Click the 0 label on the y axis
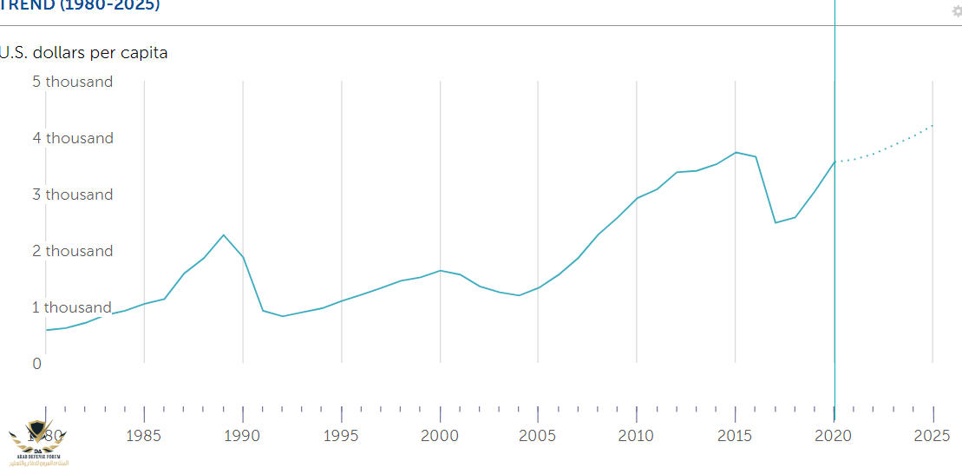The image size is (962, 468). tap(37, 364)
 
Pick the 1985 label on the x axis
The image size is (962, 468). tap(144, 435)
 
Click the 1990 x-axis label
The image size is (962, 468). tap(243, 435)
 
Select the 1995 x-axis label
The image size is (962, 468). tap(342, 435)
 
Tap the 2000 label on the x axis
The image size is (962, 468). tap(441, 435)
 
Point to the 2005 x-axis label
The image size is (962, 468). tap(539, 435)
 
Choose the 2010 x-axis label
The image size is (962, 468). tap(638, 435)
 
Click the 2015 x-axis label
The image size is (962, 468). tap(736, 435)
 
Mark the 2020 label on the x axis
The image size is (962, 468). tap(834, 435)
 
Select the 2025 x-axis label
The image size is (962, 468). tap(933, 435)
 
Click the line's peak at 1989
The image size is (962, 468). tap(224, 234)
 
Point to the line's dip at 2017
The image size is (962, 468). tap(775, 223)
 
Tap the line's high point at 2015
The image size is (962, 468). tap(736, 152)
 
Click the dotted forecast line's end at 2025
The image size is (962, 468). tap(933, 125)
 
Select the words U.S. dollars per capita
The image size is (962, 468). tap(84, 53)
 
